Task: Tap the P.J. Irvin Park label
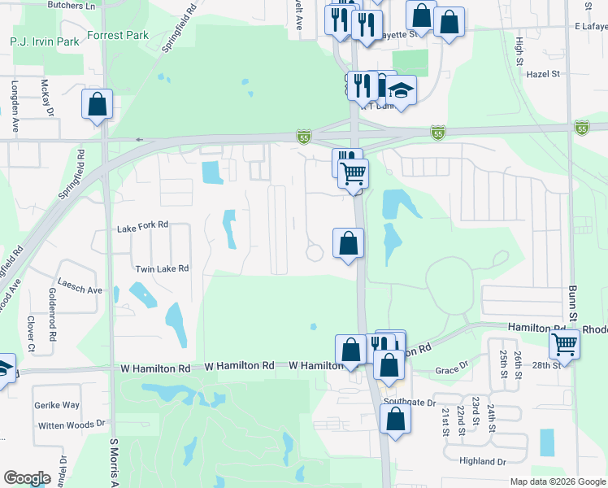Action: pyautogui.click(x=45, y=41)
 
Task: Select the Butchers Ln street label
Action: pyautogui.click(x=72, y=5)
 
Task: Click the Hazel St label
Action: pyautogui.click(x=544, y=73)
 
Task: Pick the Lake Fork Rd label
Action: pyautogui.click(x=141, y=224)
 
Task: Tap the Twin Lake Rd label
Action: pyautogui.click(x=161, y=268)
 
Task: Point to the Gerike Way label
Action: pyautogui.click(x=56, y=404)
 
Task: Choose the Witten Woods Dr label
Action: pyautogui.click(x=72, y=423)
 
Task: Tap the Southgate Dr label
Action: pyautogui.click(x=410, y=402)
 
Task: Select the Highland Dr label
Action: pyautogui.click(x=483, y=461)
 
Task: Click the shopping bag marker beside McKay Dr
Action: pyautogui.click(x=97, y=104)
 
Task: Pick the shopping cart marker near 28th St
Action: pyautogui.click(x=563, y=344)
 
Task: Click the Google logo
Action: pyautogui.click(x=27, y=478)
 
